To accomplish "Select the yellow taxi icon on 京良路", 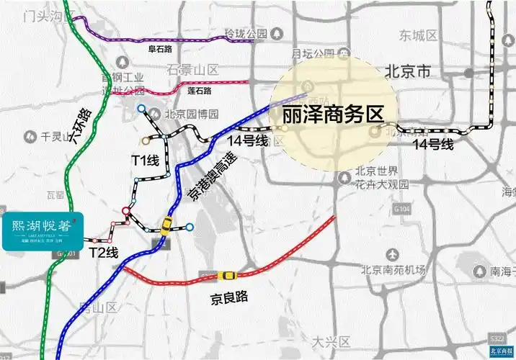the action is pyautogui.click(x=227, y=276).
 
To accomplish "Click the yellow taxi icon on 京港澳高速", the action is pyautogui.click(x=166, y=225).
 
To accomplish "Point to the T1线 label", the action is pyautogui.click(x=144, y=161).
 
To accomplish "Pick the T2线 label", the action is pyautogui.click(x=103, y=252).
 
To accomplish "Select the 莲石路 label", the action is pyautogui.click(x=199, y=91).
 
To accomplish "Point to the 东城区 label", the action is pyautogui.click(x=419, y=35).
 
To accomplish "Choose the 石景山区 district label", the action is pyautogui.click(x=192, y=70).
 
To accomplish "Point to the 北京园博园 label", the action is pyautogui.click(x=190, y=113).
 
